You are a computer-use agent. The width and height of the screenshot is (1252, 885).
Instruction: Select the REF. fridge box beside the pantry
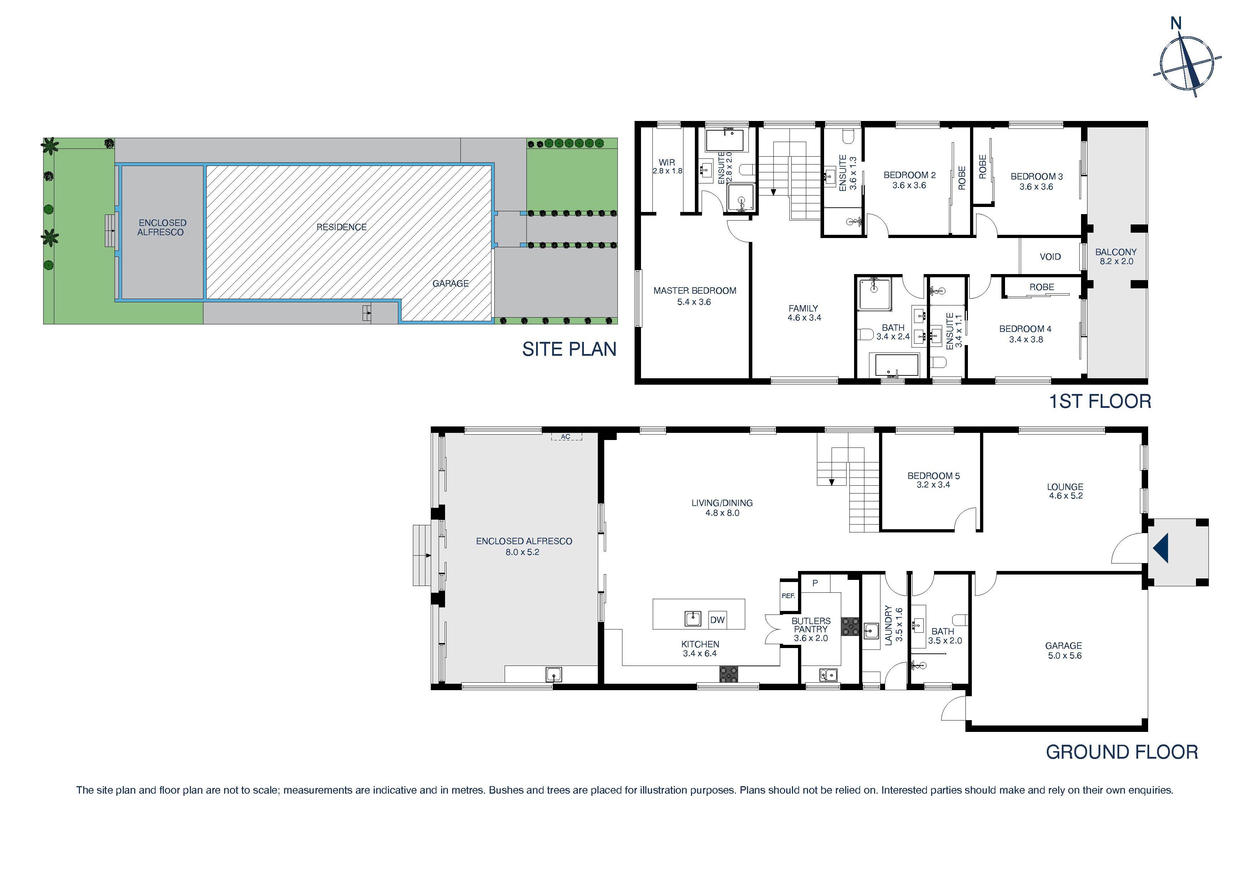[x=788, y=596]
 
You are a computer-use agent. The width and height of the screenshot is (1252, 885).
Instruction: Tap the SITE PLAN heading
[x=569, y=349]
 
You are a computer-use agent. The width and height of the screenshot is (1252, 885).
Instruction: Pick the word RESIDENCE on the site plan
[x=341, y=227]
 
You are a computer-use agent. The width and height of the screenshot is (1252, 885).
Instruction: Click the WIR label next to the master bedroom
[x=666, y=162]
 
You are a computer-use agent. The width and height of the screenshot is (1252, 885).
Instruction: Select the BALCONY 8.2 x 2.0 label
[x=1116, y=256]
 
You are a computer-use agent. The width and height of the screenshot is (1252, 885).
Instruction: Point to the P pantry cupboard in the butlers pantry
[x=815, y=583]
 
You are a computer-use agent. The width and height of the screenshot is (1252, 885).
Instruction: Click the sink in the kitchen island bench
[x=692, y=618]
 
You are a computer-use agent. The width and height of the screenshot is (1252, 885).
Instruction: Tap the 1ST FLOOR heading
[x=1100, y=402]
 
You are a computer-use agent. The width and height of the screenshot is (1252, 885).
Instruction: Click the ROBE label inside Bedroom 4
[x=1041, y=287]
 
